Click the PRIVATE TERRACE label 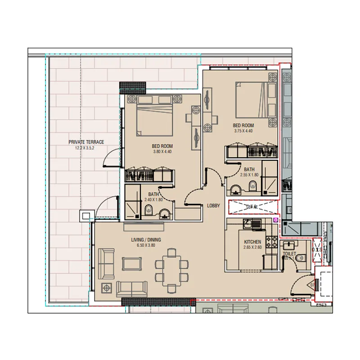(x=86, y=142)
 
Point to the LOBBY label (x=213, y=206)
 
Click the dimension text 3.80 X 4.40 (x=162, y=152)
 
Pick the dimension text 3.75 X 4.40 (x=244, y=131)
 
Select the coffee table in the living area (x=131, y=263)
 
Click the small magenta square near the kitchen (x=276, y=220)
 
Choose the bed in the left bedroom (x=154, y=117)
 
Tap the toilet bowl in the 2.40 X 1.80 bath (x=148, y=211)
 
